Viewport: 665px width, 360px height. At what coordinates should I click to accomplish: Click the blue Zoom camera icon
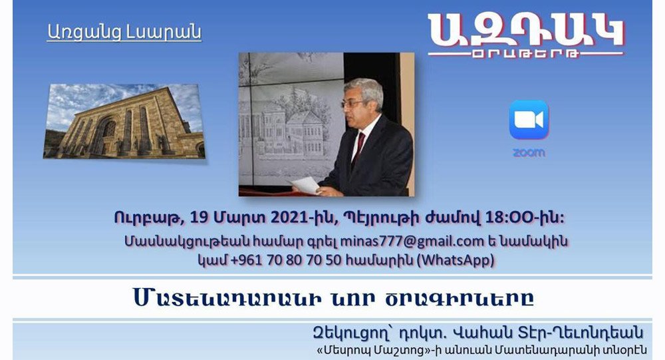pyautogui.click(x=529, y=120)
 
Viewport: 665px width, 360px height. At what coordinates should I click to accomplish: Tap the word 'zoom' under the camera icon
pyautogui.click(x=529, y=152)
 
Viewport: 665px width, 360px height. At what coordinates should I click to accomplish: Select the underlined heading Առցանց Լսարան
pyautogui.click(x=124, y=32)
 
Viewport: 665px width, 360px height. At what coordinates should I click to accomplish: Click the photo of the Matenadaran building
pyautogui.click(x=124, y=121)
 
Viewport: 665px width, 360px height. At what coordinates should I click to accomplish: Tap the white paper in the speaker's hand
pyautogui.click(x=306, y=185)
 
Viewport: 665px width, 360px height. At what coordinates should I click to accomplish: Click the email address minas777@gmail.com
pyautogui.click(x=412, y=241)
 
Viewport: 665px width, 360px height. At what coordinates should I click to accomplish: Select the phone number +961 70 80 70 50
pyautogui.click(x=286, y=260)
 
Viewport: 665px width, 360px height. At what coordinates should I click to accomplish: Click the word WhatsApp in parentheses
pyautogui.click(x=456, y=260)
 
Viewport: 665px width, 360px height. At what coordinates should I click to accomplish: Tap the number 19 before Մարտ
pyautogui.click(x=199, y=218)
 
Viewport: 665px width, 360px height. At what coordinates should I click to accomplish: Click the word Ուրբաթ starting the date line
pyautogui.click(x=148, y=218)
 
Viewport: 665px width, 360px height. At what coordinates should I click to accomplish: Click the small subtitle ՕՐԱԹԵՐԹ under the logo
pyautogui.click(x=525, y=54)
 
